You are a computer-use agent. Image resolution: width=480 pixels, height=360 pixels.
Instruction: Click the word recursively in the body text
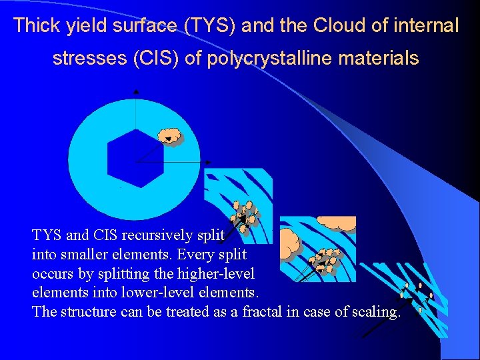[154, 235]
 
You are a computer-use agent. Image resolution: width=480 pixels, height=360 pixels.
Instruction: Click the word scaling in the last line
[375, 312]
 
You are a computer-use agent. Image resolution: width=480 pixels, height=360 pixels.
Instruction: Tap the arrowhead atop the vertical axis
[136, 90]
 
